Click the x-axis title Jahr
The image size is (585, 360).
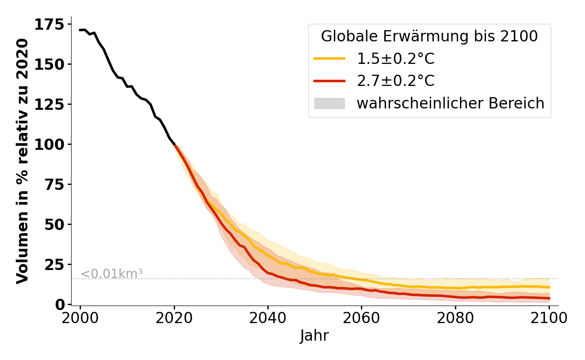point(315,336)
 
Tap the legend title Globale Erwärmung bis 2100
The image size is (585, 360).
point(429,36)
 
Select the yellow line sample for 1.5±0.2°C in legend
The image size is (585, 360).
point(329,59)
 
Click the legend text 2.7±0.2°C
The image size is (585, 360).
point(396,81)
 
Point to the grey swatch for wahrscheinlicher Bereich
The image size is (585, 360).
point(329,103)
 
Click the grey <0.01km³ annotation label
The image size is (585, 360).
point(112,273)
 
